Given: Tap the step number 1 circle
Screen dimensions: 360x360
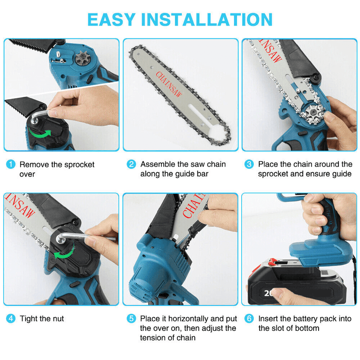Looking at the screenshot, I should pos(10,165).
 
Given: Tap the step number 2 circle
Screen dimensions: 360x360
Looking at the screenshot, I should pos(131,165).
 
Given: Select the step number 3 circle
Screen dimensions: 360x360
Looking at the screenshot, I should pos(249,165).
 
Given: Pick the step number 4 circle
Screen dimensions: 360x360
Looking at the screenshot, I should pos(10,319).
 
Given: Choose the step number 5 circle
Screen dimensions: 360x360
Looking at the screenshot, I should pos(131,319).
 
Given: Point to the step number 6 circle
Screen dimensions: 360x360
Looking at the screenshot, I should pos(249,319).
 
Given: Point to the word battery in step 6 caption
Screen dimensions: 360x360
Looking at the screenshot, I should pos(308,319).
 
